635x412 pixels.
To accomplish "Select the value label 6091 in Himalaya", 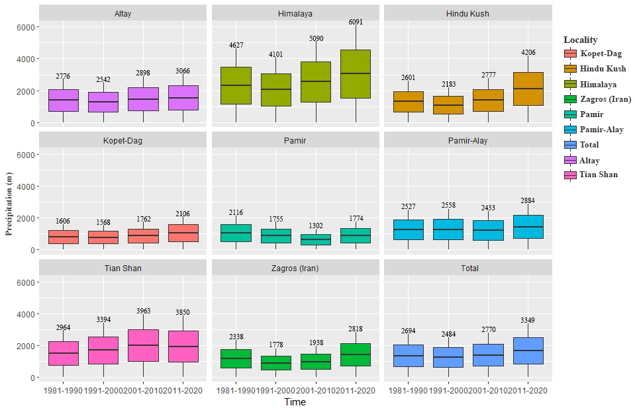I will tap(356, 22).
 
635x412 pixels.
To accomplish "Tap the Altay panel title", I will tap(122, 13).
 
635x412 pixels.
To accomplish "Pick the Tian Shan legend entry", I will tap(599, 175).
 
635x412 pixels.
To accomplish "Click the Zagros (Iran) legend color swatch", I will tap(569, 99).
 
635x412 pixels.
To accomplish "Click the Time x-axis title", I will tap(295, 402).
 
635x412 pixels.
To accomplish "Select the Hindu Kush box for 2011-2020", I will tap(528, 89).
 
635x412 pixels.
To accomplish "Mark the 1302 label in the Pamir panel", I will tap(316, 226).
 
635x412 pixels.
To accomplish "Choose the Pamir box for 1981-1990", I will tap(236, 233).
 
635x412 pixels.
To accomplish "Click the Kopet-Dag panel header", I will tap(122, 141).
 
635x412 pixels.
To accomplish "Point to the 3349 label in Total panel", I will tap(528, 321).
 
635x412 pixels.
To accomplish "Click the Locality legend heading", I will tap(580, 40).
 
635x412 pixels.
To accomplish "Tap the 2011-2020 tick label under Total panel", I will tap(528, 391).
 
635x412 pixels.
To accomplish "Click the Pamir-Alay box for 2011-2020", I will tap(528, 227).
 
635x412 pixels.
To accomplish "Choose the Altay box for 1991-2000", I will tap(103, 102).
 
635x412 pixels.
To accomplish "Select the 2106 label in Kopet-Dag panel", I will tap(183, 214).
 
